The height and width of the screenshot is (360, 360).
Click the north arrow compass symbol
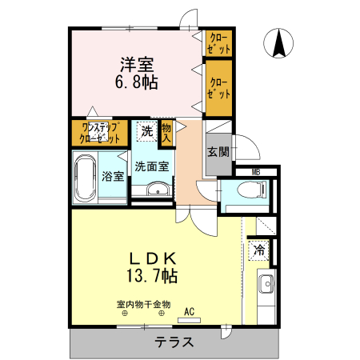(x=280, y=42)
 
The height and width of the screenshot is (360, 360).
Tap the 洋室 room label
(x=137, y=63)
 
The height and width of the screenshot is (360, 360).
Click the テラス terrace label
(x=174, y=342)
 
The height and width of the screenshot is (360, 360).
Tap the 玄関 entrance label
(x=218, y=152)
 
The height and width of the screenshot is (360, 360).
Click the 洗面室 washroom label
(x=151, y=167)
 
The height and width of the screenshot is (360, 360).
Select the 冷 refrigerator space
(x=259, y=250)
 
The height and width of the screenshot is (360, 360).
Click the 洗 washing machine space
(x=146, y=130)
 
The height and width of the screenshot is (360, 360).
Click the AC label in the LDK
(x=190, y=312)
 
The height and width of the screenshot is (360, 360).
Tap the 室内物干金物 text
(x=144, y=304)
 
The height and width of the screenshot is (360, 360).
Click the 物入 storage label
(x=166, y=132)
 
